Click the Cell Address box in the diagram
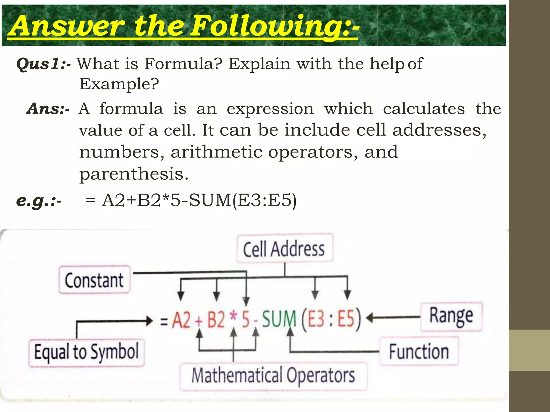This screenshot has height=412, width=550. (x=285, y=249)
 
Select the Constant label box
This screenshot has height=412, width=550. (x=94, y=280)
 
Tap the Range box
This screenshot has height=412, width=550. (x=451, y=317)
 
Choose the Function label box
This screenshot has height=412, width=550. (x=419, y=351)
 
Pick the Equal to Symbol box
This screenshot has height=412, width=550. (x=86, y=352)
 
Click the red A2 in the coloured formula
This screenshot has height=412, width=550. (x=182, y=320)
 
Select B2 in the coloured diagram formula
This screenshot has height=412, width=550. (x=216, y=320)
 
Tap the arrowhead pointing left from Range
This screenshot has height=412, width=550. (x=370, y=318)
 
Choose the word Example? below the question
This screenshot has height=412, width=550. (x=119, y=84)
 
